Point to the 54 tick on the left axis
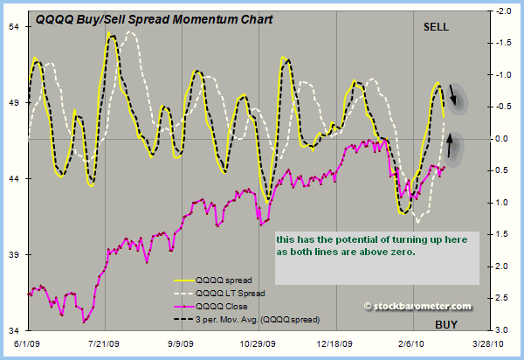(15, 26)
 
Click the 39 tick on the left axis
(15, 254)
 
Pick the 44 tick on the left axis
(15, 178)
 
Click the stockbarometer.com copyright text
(420, 306)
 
